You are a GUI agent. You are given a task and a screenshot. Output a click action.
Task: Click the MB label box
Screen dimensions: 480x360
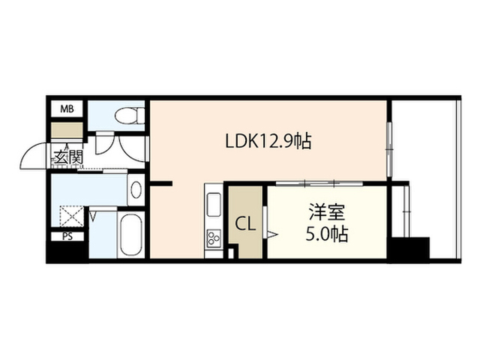click(67, 109)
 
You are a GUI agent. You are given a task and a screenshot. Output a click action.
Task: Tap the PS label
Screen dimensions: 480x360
click(67, 236)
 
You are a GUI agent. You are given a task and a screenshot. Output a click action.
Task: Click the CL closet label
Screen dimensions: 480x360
click(245, 224)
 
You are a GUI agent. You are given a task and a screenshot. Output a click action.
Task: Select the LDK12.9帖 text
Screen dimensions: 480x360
click(268, 142)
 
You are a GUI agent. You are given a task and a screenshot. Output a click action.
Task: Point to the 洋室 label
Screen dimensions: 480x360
click(327, 212)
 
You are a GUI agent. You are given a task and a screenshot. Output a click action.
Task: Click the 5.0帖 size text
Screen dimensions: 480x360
click(327, 234)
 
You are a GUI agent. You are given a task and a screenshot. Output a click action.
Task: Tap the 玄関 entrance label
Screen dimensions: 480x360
click(69, 157)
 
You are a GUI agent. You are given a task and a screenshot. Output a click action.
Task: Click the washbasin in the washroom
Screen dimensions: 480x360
click(136, 190)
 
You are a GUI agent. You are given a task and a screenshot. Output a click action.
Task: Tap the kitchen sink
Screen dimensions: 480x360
click(214, 205)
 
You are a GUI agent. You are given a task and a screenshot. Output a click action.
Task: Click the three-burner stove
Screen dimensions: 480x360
click(214, 238)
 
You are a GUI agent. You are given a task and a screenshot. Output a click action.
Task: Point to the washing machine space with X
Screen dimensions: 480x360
click(72, 216)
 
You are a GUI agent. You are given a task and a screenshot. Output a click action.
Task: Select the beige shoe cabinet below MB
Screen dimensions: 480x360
click(67, 130)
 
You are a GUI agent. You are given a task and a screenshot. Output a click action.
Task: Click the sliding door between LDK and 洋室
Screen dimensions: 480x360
click(319, 183)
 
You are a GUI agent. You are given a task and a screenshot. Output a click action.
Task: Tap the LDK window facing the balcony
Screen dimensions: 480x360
click(389, 149)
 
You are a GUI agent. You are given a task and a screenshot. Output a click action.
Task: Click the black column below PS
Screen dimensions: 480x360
click(67, 252)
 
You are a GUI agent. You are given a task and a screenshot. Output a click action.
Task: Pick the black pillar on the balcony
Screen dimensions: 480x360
click(409, 250)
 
